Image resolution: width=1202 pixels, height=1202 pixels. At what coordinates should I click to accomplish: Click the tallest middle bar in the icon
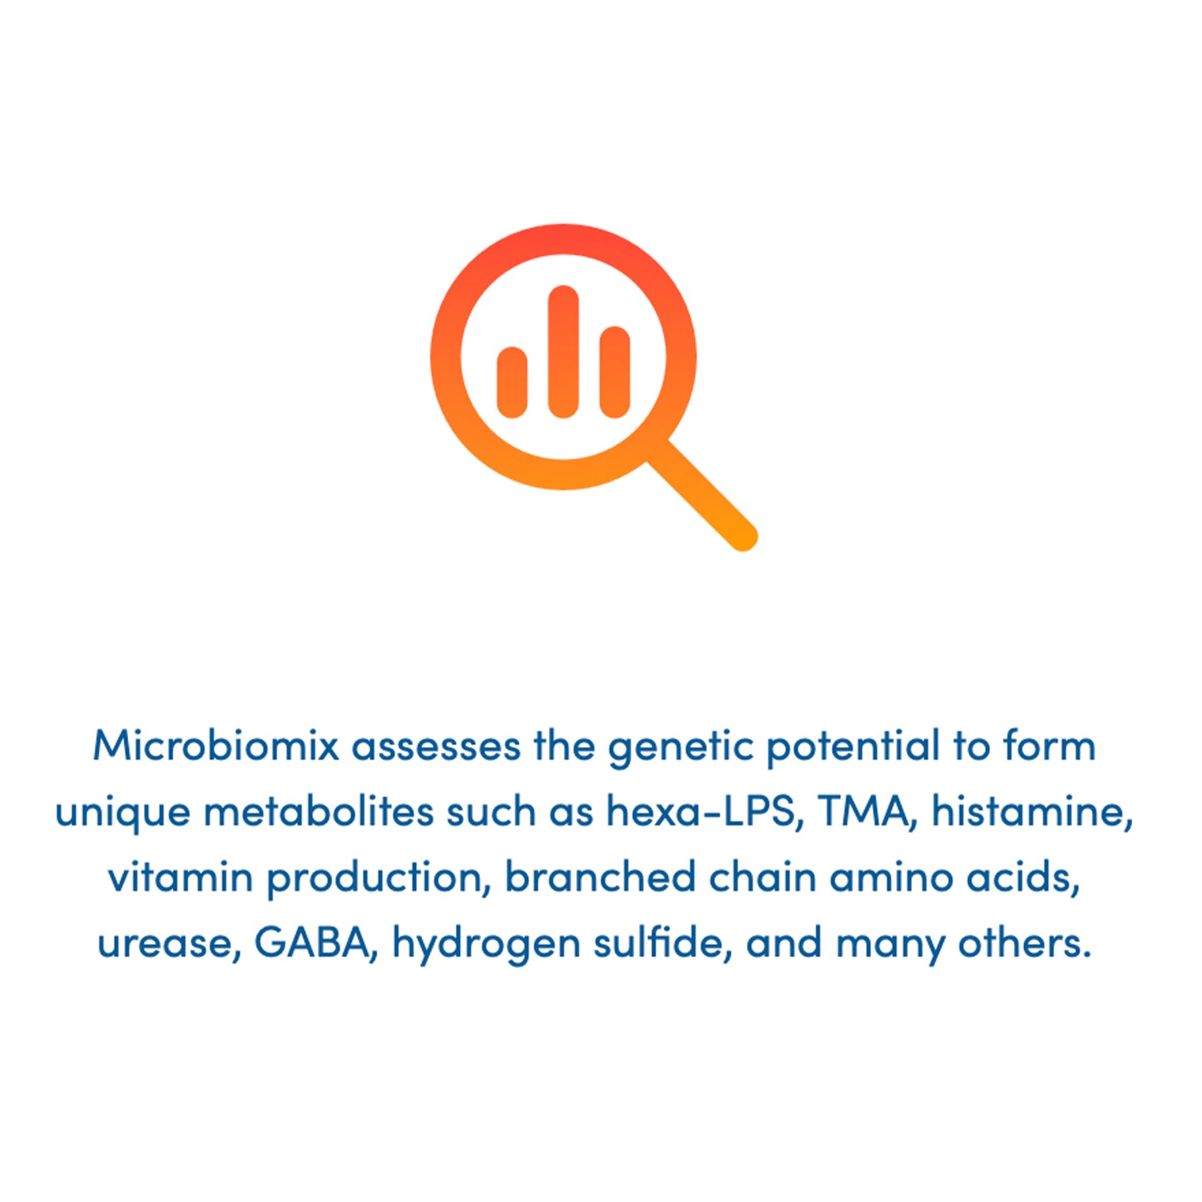pos(563,351)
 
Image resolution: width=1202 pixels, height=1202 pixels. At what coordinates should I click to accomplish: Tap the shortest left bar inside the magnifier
pos(512,382)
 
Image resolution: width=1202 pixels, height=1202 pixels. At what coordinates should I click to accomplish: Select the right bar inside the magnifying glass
pos(615,372)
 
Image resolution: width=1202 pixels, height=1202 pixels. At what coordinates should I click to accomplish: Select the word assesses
pos(436,745)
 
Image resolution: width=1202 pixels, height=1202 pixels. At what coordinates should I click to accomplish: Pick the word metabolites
pos(319,811)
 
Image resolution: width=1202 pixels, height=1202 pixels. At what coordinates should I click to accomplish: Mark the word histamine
pos(1031,811)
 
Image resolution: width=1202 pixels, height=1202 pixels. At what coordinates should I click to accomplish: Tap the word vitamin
pos(181,877)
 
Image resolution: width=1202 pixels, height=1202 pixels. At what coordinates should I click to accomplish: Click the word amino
pos(891,877)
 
